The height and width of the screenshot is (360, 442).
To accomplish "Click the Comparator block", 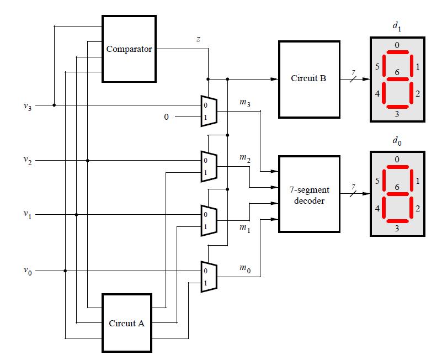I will [129, 49].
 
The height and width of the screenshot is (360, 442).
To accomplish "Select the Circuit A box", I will [126, 323].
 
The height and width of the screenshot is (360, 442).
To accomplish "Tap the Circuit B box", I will [308, 78].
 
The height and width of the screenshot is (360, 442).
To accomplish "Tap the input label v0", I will [28, 271].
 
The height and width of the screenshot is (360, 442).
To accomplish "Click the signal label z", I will [198, 39].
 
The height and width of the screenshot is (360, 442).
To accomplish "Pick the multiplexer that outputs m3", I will [209, 110].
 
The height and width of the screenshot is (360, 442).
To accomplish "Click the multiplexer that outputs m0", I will [209, 276].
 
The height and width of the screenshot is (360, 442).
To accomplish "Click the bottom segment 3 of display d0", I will [397, 221].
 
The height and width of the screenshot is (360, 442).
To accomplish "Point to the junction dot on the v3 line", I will [54, 105].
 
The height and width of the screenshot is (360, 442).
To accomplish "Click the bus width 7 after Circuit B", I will [346, 71].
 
